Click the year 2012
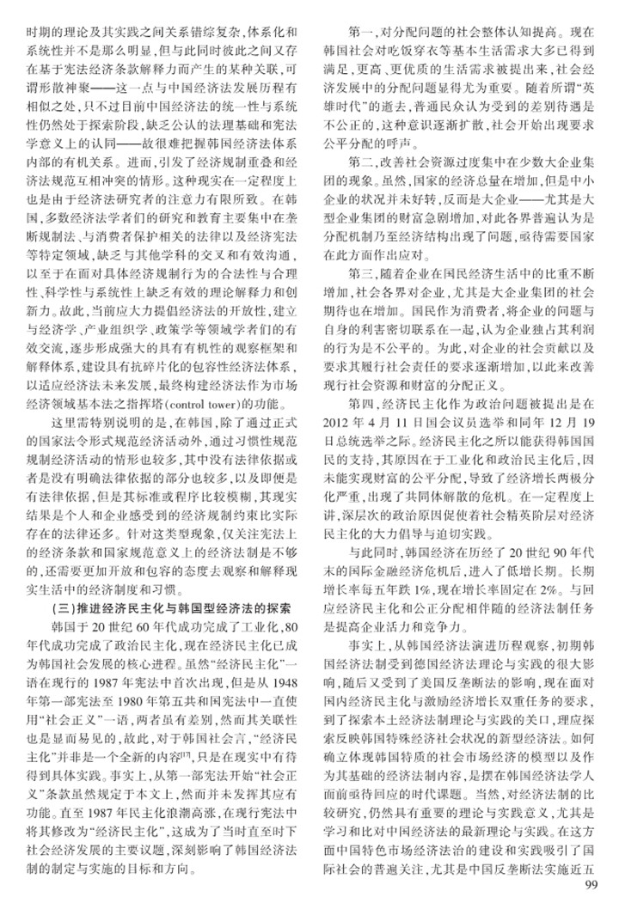340,424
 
